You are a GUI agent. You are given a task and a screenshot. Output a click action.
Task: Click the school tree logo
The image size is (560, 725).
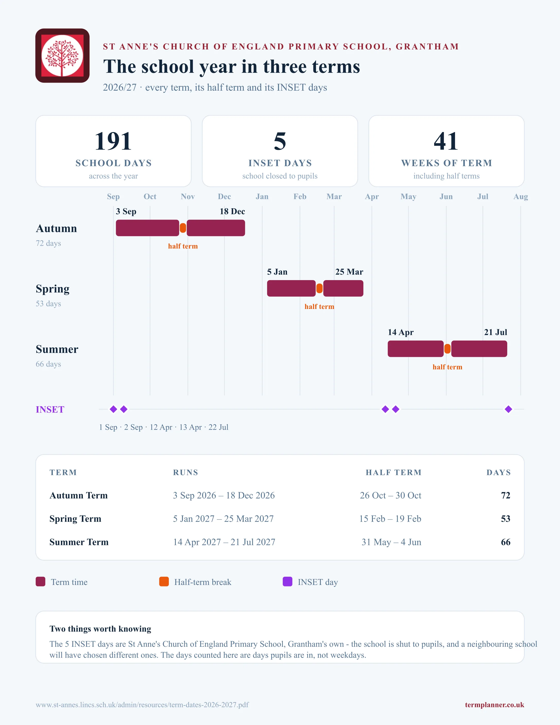click(x=62, y=55)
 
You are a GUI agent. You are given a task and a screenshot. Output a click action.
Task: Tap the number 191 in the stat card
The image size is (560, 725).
click(x=113, y=141)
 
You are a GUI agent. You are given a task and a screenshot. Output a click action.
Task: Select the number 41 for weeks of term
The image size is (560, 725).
click(x=446, y=141)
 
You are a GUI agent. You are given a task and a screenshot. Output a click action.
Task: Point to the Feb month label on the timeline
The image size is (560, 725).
click(x=300, y=196)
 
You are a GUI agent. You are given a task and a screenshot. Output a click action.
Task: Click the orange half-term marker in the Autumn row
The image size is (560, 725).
click(x=183, y=228)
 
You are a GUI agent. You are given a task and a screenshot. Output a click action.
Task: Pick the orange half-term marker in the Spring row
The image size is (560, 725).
click(x=319, y=288)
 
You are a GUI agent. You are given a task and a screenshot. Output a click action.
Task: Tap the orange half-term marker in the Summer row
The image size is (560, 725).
click(x=448, y=349)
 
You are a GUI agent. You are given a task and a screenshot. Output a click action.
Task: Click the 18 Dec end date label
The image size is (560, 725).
click(x=232, y=211)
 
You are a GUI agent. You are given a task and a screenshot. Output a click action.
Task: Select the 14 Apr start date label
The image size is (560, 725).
click(x=401, y=332)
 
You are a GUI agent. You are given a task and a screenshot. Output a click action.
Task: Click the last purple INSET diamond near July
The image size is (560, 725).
click(x=509, y=409)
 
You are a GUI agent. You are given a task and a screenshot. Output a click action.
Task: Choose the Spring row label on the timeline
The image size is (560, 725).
click(x=53, y=289)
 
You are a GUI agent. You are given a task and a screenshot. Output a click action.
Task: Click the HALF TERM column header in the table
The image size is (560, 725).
click(x=393, y=472)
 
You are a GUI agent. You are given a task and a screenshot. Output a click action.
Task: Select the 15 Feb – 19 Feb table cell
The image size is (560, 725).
click(x=390, y=519)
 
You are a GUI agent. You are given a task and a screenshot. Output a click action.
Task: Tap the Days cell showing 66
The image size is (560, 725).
click(x=506, y=542)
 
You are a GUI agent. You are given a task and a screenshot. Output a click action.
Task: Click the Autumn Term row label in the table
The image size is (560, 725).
click(x=79, y=495)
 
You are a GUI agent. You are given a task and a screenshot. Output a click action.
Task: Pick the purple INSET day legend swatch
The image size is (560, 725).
click(x=287, y=582)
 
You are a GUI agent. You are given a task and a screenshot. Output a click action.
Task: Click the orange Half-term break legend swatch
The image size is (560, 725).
click(x=164, y=582)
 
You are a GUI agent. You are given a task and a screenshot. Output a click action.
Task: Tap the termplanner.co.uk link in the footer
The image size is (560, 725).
click(x=494, y=705)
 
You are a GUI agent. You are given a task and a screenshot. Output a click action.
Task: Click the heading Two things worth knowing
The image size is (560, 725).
click(x=100, y=629)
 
